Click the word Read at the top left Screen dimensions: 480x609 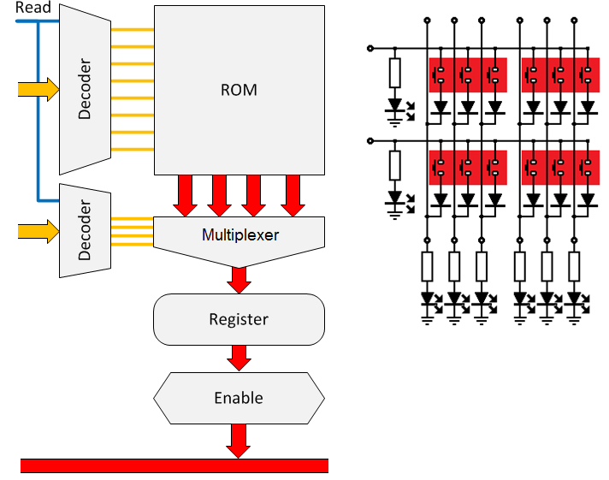(x=33, y=8)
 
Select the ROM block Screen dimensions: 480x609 (x=239, y=89)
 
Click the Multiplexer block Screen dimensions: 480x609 (x=239, y=234)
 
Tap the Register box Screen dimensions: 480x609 (x=239, y=319)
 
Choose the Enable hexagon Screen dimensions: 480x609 (x=239, y=398)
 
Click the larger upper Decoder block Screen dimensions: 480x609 (x=84, y=89)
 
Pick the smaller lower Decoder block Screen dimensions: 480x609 (x=84, y=229)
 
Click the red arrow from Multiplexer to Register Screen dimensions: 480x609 (x=239, y=279)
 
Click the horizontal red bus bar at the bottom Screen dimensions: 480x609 (x=174, y=465)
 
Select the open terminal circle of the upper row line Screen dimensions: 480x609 (x=370, y=48)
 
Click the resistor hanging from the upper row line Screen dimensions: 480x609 (x=394, y=73)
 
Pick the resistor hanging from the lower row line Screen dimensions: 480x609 (x=394, y=164)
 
